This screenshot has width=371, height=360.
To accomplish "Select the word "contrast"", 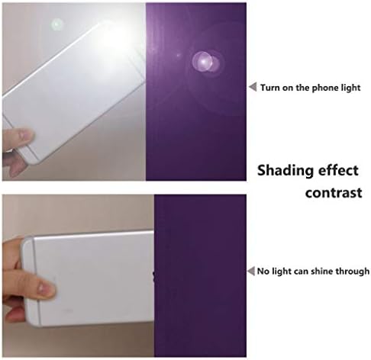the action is coord(334,193).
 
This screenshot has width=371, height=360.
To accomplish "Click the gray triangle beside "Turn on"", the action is coord(253,87).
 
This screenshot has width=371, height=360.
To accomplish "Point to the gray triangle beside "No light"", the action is coord(251,271).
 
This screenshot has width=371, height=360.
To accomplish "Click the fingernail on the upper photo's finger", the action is coord(25,134).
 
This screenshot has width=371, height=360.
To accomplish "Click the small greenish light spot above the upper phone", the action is coord(56,24).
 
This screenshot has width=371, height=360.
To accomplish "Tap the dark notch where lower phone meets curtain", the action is coord(153,276).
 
